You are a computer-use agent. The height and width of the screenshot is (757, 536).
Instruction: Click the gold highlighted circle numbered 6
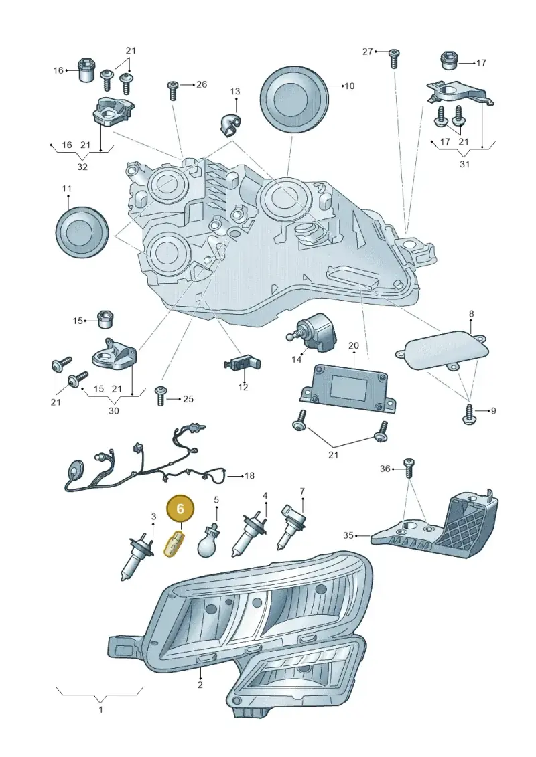point(180,509)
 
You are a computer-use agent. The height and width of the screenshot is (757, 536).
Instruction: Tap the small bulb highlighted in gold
point(174,543)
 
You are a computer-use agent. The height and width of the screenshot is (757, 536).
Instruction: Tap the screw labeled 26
point(172,90)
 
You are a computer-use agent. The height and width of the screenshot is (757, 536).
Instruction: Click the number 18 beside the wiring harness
point(249,475)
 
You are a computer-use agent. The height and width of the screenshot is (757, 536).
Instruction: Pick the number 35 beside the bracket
point(348,535)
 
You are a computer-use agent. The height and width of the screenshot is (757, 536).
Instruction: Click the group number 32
point(82,167)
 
